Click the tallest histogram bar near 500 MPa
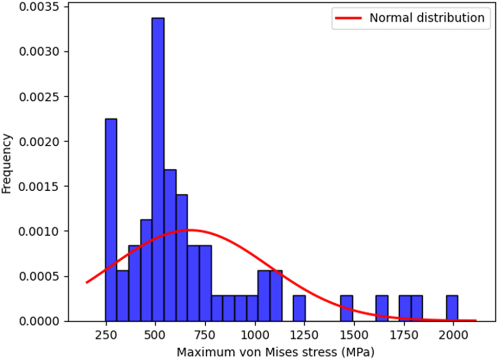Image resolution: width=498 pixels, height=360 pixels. (x=158, y=169)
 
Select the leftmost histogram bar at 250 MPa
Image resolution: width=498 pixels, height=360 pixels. (x=111, y=220)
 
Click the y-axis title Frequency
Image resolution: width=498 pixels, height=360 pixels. (x=7, y=164)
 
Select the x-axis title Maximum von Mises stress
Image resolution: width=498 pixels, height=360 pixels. (x=275, y=352)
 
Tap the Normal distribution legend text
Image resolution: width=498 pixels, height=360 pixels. (x=426, y=18)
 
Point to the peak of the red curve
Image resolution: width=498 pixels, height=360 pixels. (x=189, y=230)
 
